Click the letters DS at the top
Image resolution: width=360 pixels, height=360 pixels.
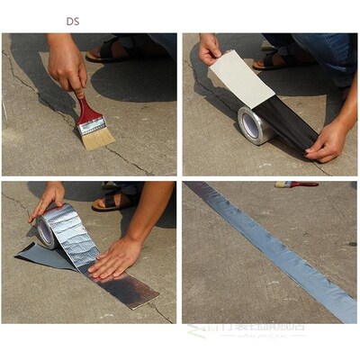point(72,20)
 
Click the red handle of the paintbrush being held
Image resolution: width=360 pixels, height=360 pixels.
point(86,111)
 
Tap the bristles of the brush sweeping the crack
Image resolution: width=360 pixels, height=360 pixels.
point(97,136)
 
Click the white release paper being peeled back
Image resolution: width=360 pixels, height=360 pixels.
point(242,80)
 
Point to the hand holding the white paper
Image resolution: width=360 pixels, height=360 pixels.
point(210,49)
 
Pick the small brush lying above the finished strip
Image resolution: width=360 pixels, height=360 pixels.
point(296,184)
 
